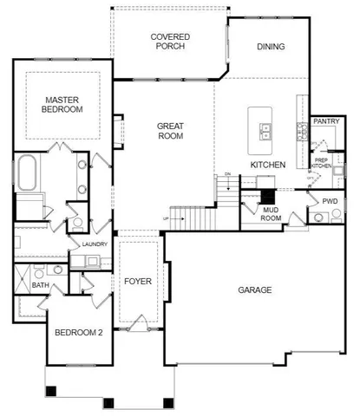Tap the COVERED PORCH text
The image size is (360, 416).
point(170,42)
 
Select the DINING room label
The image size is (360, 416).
point(272,48)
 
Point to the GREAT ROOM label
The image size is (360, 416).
point(170,131)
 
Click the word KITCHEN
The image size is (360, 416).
point(268,164)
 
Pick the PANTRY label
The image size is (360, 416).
point(325,121)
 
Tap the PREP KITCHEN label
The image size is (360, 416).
point(320,162)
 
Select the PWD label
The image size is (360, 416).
point(330,201)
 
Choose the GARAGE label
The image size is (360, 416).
point(257,289)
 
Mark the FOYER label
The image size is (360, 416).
point(138,281)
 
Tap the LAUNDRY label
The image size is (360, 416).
point(95,244)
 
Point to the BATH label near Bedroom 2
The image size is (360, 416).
point(40,284)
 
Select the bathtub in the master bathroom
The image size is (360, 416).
point(26,174)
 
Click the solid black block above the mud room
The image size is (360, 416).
point(267,195)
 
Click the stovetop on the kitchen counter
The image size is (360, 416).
point(302,132)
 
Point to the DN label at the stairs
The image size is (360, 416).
point(227,175)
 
